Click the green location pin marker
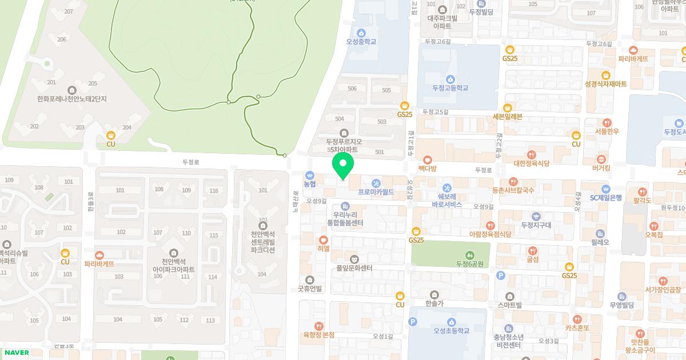click(343, 166)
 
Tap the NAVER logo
click(15, 353)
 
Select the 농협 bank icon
click(310, 175)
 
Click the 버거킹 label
click(601, 169)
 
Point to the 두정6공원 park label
click(469, 264)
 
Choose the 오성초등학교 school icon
click(451, 322)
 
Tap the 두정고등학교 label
click(450, 88)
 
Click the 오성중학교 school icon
click(361, 33)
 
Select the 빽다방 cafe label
click(427, 169)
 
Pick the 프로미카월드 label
click(376, 193)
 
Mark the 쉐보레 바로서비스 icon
click(447, 187)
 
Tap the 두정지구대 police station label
click(536, 225)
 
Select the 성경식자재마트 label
click(605, 84)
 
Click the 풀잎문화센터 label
click(354, 268)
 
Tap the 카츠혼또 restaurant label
click(577, 328)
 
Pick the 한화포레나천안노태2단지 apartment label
click(72, 99)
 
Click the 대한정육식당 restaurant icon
click(532, 154)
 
